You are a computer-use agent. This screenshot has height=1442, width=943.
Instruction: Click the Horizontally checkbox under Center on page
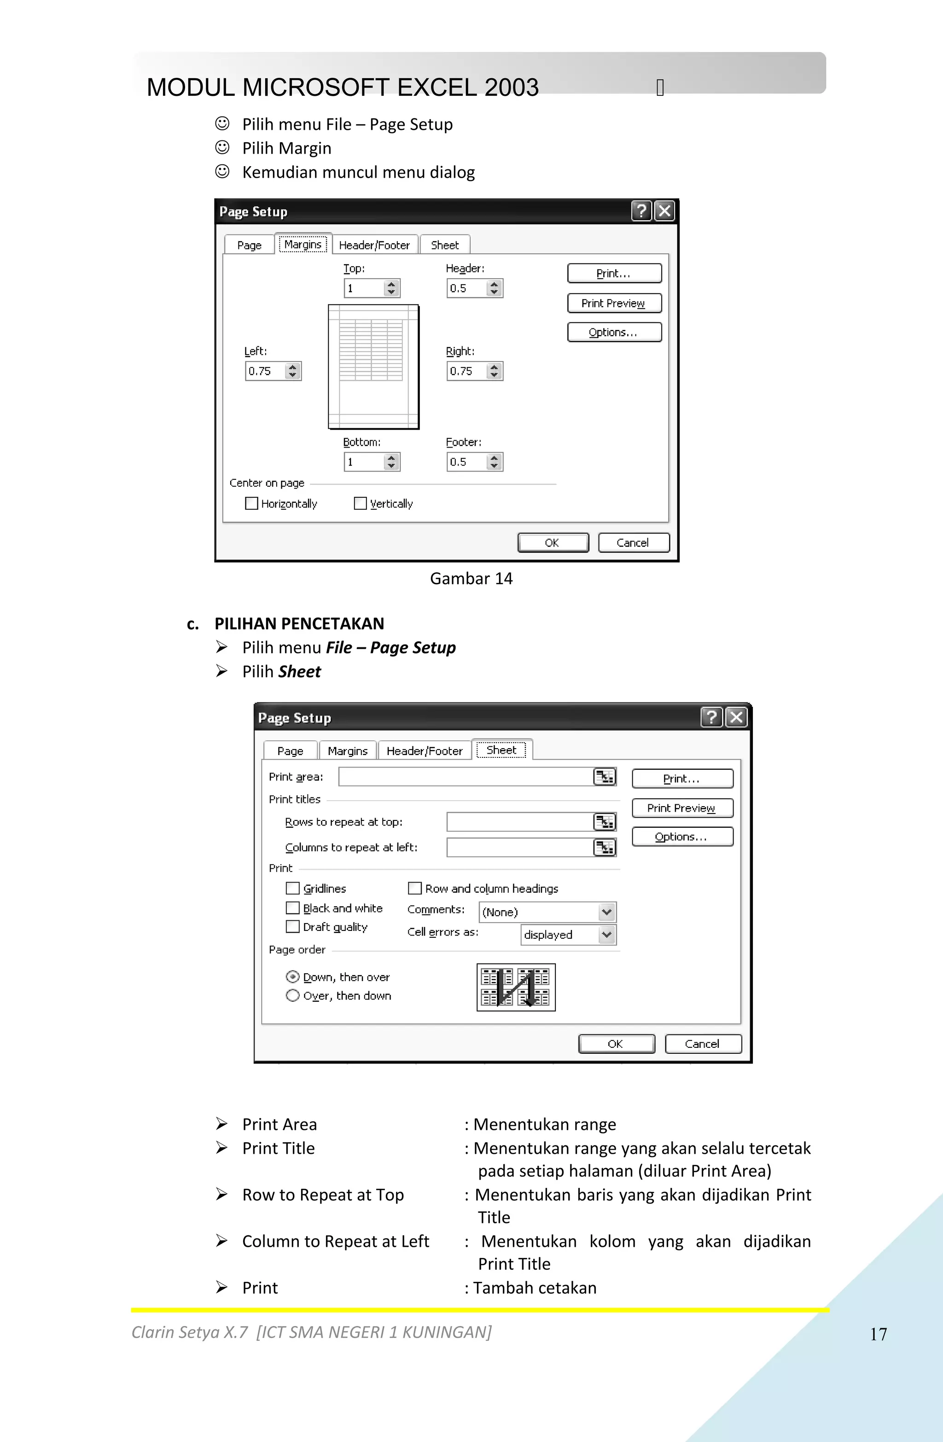point(251,504)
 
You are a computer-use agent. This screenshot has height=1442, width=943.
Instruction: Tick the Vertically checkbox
point(361,504)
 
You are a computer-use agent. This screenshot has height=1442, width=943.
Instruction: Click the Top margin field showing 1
point(364,288)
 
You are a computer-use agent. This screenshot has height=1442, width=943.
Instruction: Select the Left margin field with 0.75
point(265,371)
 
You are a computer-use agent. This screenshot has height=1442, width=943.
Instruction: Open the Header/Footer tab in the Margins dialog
point(374,245)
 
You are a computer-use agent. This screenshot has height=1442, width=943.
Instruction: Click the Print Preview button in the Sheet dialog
point(682,808)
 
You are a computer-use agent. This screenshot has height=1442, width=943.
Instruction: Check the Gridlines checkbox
point(293,888)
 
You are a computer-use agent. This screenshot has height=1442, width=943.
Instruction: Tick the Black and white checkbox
point(293,907)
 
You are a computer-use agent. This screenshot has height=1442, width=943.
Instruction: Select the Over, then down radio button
point(293,995)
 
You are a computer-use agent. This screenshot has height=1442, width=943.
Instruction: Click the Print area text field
point(466,777)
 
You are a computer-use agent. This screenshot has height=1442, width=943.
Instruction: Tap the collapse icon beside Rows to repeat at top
point(604,822)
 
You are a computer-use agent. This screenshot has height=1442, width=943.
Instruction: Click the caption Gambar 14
point(471,579)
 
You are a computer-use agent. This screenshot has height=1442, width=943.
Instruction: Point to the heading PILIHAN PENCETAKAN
point(299,623)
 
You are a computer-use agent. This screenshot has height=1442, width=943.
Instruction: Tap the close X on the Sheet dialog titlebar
point(736,717)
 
